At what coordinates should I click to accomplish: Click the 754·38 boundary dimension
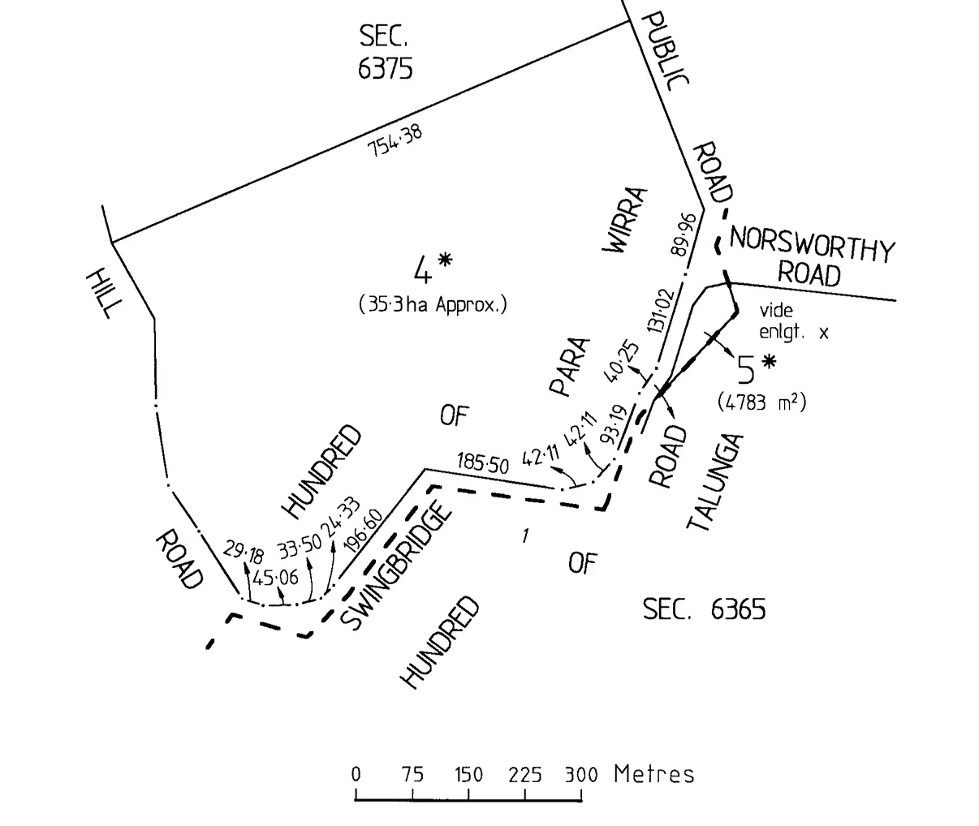395,142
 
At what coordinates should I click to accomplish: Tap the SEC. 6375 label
385,52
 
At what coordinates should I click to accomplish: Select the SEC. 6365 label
703,609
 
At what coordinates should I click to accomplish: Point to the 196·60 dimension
362,532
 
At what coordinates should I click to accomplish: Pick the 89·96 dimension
684,234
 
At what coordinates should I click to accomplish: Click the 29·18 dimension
244,553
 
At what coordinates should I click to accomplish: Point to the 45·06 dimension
275,579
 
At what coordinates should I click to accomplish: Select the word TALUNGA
715,483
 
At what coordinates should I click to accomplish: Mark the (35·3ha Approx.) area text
433,305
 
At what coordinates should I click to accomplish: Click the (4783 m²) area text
761,402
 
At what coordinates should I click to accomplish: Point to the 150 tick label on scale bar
468,774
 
